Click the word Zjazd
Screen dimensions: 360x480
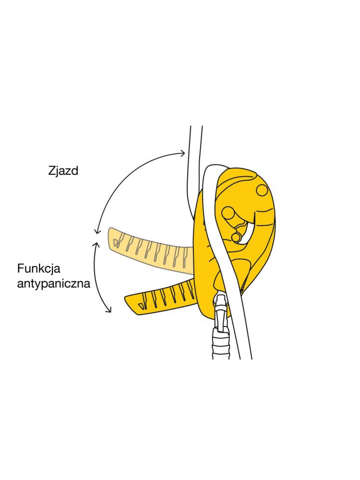point(63,171)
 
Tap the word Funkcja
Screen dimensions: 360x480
point(39,268)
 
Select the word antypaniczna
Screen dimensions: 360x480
point(54,284)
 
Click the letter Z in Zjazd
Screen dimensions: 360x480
point(52,170)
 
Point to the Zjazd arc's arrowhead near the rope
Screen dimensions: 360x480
point(183,153)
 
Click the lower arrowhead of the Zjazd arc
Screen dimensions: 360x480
point(97,230)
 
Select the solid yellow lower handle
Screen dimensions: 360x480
point(161,297)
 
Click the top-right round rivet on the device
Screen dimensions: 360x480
point(262,190)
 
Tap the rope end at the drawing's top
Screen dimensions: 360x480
point(196,126)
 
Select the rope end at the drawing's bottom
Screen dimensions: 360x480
point(245,358)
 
